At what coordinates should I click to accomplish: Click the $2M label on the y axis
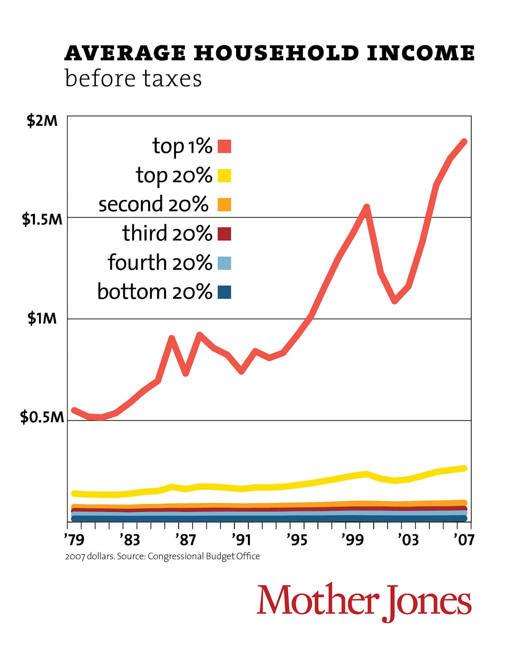click(x=42, y=121)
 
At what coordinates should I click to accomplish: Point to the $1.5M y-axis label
click(x=42, y=219)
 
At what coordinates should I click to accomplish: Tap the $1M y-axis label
click(x=42, y=318)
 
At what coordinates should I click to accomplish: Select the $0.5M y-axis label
click(x=42, y=417)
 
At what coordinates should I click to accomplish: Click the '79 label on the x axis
click(x=74, y=540)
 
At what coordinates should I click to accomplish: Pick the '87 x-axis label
click(x=186, y=540)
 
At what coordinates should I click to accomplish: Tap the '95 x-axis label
click(x=296, y=540)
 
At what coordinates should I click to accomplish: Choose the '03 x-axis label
click(x=408, y=540)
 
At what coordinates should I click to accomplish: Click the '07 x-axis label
click(x=464, y=540)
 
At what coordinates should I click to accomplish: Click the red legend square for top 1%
click(x=224, y=146)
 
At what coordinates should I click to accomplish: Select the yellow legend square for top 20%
click(x=224, y=176)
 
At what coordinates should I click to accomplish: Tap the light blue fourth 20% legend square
click(x=224, y=263)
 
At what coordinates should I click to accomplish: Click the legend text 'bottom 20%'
click(x=155, y=292)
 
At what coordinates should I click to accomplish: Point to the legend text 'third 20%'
click(x=167, y=233)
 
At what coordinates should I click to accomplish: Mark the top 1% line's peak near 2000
click(x=366, y=207)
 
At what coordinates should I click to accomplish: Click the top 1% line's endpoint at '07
click(x=464, y=142)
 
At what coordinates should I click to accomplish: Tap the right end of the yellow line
click(x=464, y=468)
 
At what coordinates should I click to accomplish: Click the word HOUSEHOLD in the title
click(x=276, y=53)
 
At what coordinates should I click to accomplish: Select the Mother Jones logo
click(x=364, y=601)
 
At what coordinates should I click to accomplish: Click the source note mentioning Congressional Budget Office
click(x=162, y=556)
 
